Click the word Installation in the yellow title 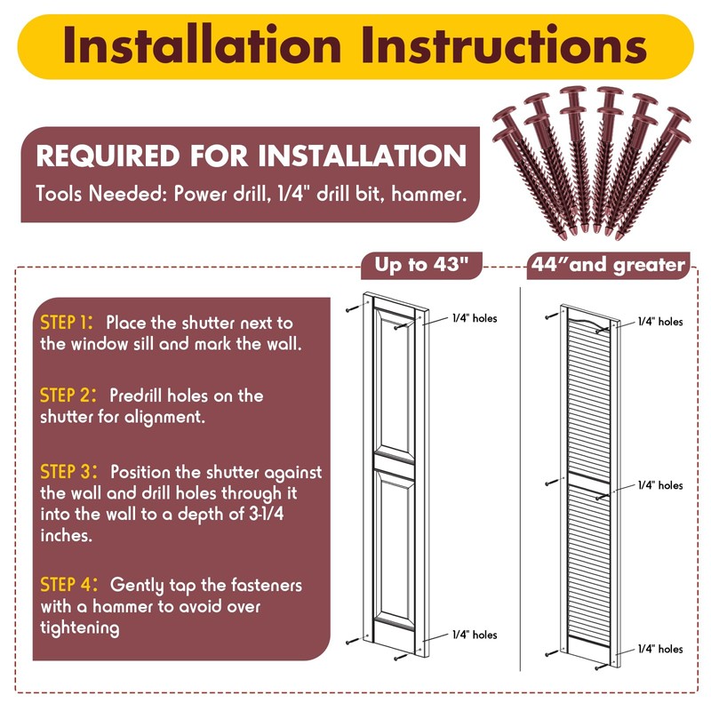(x=202, y=44)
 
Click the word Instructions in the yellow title (x=504, y=44)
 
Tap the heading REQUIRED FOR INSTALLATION (x=251, y=156)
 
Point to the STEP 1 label (x=67, y=323)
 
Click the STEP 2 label (x=68, y=395)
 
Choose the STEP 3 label (x=68, y=472)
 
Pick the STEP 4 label (x=68, y=585)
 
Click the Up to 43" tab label (x=421, y=264)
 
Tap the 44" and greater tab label (x=608, y=264)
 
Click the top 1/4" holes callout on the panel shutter (x=475, y=318)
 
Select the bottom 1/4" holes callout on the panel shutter (x=475, y=635)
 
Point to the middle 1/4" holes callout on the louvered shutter (x=660, y=485)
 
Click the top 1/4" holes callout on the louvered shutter (x=660, y=322)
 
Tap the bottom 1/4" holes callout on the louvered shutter (x=660, y=649)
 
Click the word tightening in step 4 (x=80, y=628)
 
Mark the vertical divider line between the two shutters (x=521, y=479)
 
